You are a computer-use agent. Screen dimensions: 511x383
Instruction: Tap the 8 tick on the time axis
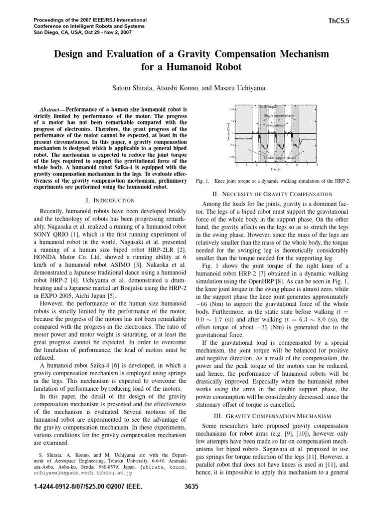coord(318,164)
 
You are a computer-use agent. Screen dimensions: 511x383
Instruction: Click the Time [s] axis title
coord(277,170)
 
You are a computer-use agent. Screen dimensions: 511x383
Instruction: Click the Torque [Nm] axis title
coord(226,133)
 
